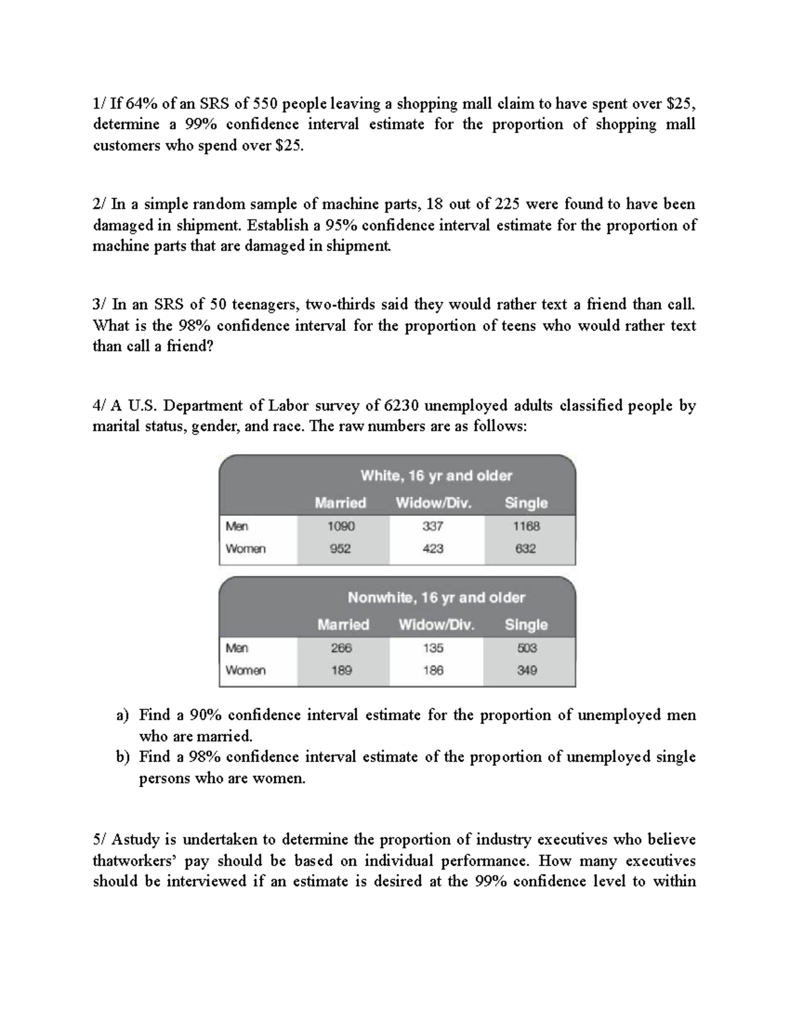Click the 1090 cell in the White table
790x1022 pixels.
click(341, 526)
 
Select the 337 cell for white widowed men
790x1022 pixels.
click(433, 526)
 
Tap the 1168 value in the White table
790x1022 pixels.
click(527, 526)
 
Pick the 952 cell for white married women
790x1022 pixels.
click(340, 549)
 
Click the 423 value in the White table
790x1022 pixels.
click(433, 549)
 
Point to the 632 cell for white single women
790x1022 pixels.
click(525, 549)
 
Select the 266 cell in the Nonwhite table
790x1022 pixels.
click(341, 648)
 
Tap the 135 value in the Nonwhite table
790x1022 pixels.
click(433, 648)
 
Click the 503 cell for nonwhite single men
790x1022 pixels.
click(527, 648)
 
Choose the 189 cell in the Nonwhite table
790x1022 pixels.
click(341, 671)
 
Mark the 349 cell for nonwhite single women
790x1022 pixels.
click(527, 671)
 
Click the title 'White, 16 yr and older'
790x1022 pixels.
click(436, 476)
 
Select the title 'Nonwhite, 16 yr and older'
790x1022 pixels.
click(436, 598)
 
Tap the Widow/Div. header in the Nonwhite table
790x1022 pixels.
click(436, 625)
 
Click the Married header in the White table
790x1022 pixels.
click(340, 503)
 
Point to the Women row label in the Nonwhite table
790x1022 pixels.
click(246, 671)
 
